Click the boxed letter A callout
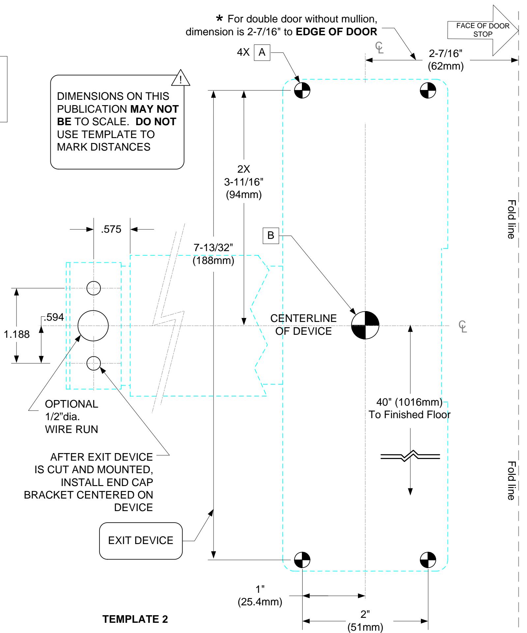262,53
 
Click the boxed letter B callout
271,236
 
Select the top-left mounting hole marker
302,90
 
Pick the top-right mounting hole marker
428,90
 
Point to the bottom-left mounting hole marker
302,560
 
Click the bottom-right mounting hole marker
428,560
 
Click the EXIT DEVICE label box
141,541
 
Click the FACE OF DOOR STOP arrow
483,30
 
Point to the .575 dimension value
111,229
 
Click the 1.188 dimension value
16,334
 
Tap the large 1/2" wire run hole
93,326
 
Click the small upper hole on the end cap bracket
94,288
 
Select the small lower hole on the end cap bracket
94,363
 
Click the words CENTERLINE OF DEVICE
304,325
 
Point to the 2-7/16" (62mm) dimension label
446,60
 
